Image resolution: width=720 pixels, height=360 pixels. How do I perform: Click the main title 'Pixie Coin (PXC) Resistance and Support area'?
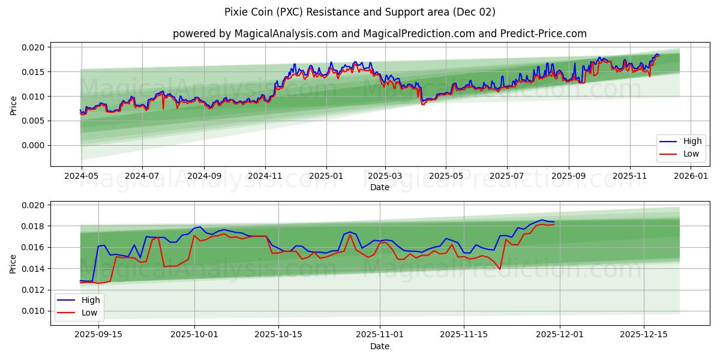360,12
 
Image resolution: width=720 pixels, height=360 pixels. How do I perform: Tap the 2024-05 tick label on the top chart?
80,177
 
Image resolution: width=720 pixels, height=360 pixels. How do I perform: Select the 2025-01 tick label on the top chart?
326,177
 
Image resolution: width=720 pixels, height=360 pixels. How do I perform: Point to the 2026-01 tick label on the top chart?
692,177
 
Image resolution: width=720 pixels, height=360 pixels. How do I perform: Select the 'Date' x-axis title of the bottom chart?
380,346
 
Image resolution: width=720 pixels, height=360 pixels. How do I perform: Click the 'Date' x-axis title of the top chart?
380,187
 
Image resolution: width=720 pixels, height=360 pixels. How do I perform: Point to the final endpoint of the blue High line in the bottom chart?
554,222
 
